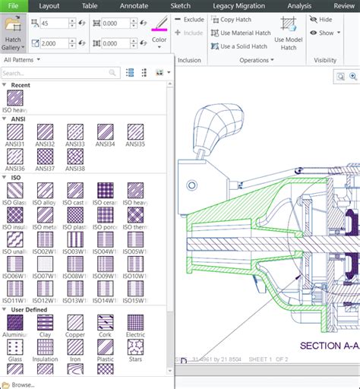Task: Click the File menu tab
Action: (x=14, y=5)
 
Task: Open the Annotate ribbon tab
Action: (x=134, y=5)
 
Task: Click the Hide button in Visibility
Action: (x=321, y=19)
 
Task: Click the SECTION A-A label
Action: (x=329, y=346)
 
